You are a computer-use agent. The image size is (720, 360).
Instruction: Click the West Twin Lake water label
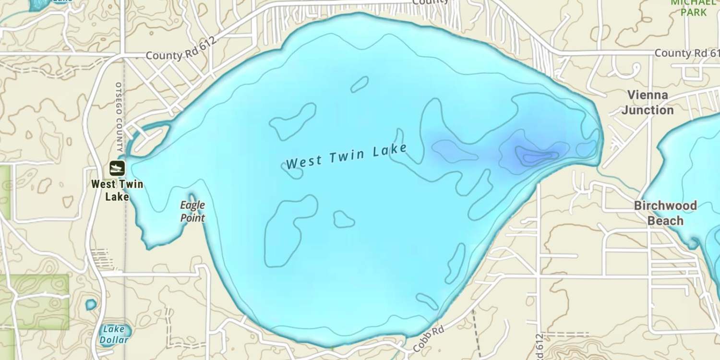click(347, 156)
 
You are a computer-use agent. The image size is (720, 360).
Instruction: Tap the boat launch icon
click(117, 168)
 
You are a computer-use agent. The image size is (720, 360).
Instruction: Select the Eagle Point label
click(192, 211)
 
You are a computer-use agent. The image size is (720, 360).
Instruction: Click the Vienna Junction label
click(648, 102)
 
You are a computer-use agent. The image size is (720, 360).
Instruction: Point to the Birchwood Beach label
click(665, 213)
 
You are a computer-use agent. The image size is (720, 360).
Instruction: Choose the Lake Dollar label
click(114, 335)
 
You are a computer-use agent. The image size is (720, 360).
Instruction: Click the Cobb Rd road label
click(429, 338)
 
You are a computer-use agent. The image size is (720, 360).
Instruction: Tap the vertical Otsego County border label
click(119, 117)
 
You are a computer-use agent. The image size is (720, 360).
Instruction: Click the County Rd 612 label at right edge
click(686, 53)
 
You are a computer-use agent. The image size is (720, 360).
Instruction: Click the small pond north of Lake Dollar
click(90, 304)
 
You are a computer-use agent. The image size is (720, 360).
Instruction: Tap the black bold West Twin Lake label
click(117, 190)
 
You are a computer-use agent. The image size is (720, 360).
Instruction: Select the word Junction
click(648, 110)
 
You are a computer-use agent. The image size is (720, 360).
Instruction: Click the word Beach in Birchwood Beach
click(665, 221)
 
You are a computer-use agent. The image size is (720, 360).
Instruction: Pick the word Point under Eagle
click(192, 218)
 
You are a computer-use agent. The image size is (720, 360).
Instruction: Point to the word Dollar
click(114, 340)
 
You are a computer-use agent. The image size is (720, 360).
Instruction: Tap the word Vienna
click(648, 95)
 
